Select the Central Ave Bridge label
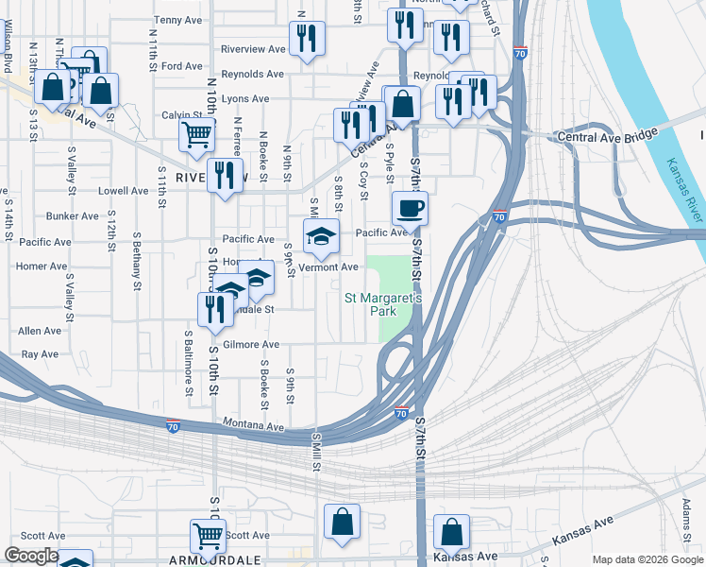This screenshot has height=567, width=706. click(x=607, y=136)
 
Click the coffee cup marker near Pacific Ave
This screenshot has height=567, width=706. click(x=410, y=207)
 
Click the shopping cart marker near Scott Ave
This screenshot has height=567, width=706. click(x=208, y=535)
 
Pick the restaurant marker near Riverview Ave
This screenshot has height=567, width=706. click(x=307, y=39)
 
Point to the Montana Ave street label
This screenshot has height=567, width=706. click(x=253, y=426)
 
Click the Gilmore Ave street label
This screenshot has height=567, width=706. click(x=251, y=345)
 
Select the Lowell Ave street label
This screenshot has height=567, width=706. click(x=124, y=190)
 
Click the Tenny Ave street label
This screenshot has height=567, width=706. click(x=179, y=19)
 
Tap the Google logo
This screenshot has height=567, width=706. click(x=31, y=557)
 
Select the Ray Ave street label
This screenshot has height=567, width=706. click(x=40, y=354)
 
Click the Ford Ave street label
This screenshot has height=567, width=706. click(x=181, y=66)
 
